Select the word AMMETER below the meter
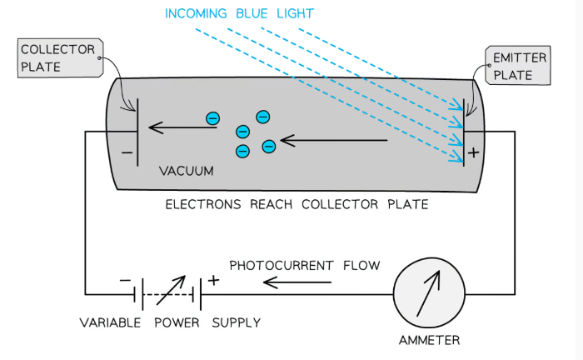[428, 340]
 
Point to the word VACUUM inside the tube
[187, 171]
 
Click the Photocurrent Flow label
[304, 266]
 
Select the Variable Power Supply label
[170, 322]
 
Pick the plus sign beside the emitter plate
[475, 152]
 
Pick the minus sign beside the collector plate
[127, 153]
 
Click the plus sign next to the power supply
[213, 281]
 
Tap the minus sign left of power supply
[124, 281]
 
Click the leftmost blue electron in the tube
[212, 119]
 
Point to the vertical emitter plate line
[463, 133]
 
